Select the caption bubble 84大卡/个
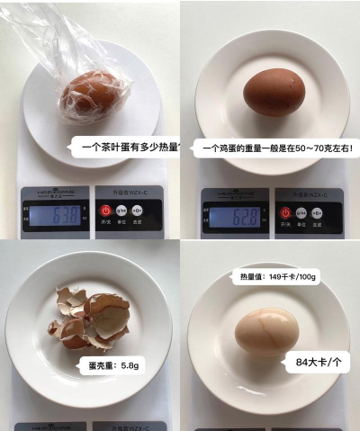point(317,364)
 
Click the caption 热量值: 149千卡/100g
point(272,276)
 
